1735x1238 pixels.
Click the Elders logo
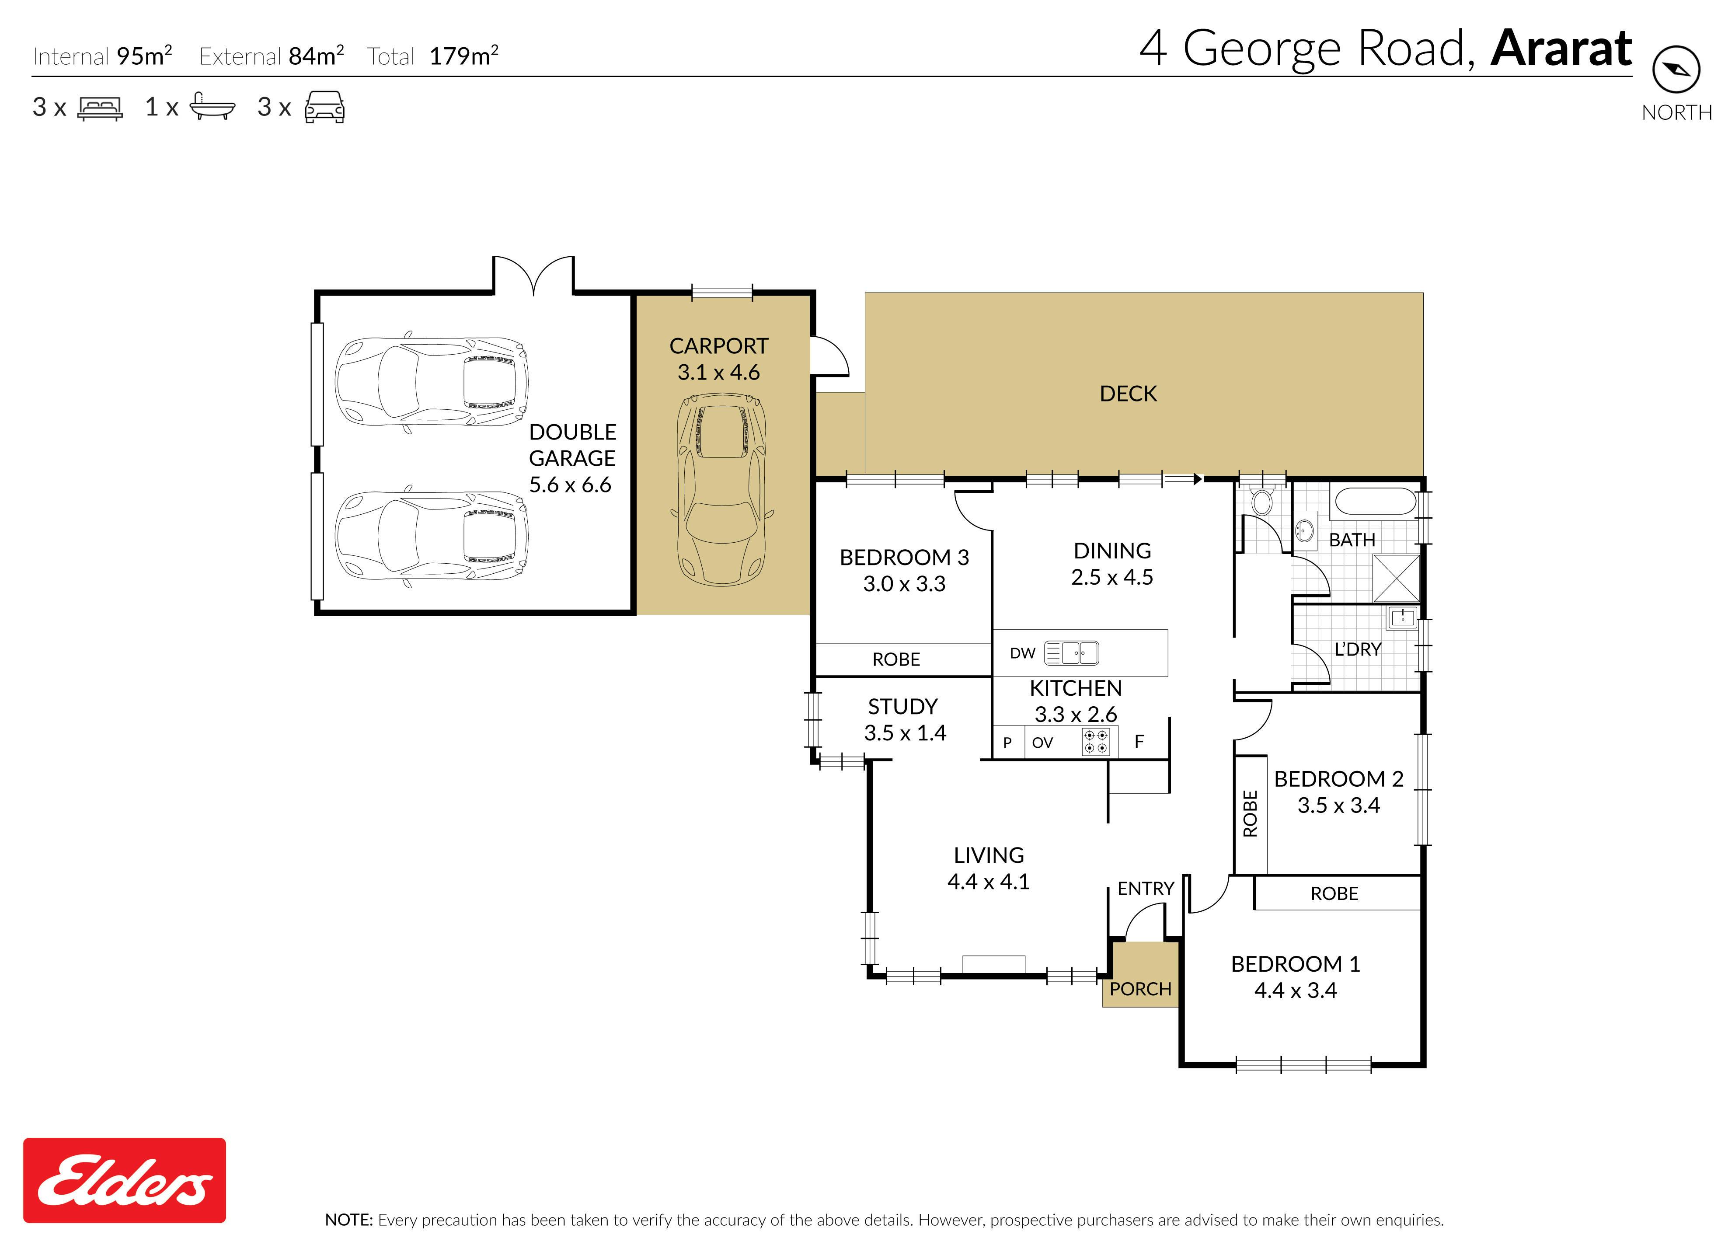click(x=124, y=1180)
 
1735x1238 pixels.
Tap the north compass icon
click(x=1676, y=70)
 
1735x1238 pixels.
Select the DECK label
click(x=1128, y=394)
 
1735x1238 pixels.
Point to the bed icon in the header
click(x=100, y=108)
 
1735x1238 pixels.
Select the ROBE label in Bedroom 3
click(x=896, y=659)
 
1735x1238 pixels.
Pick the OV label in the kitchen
click(x=1042, y=743)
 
